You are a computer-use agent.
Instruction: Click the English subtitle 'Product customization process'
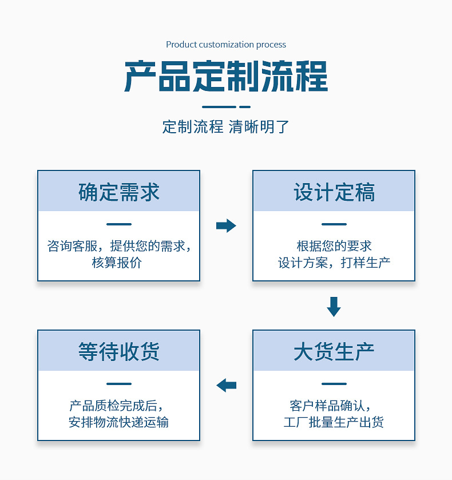[226, 45]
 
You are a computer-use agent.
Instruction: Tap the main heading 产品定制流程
[226, 76]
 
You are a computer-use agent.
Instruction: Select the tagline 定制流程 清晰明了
[226, 126]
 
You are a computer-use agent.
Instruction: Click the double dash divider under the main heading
[226, 107]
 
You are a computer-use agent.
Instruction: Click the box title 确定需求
[118, 192]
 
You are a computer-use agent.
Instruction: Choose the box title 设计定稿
[334, 192]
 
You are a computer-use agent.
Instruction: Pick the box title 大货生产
[334, 351]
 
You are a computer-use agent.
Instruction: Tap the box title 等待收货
[118, 351]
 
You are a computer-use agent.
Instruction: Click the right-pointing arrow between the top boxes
[226, 225]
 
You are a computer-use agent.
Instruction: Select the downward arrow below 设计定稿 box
[334, 306]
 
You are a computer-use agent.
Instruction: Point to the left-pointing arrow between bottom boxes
[226, 385]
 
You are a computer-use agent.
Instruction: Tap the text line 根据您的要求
[334, 246]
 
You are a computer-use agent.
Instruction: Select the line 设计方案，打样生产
[334, 263]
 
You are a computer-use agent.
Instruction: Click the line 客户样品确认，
[334, 406]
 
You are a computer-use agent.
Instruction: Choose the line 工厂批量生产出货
[334, 423]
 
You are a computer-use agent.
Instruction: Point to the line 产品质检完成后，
[118, 406]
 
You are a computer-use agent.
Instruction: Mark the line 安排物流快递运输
[118, 423]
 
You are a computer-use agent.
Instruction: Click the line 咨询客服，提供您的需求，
[118, 246]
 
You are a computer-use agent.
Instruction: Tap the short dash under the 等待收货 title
[118, 384]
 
